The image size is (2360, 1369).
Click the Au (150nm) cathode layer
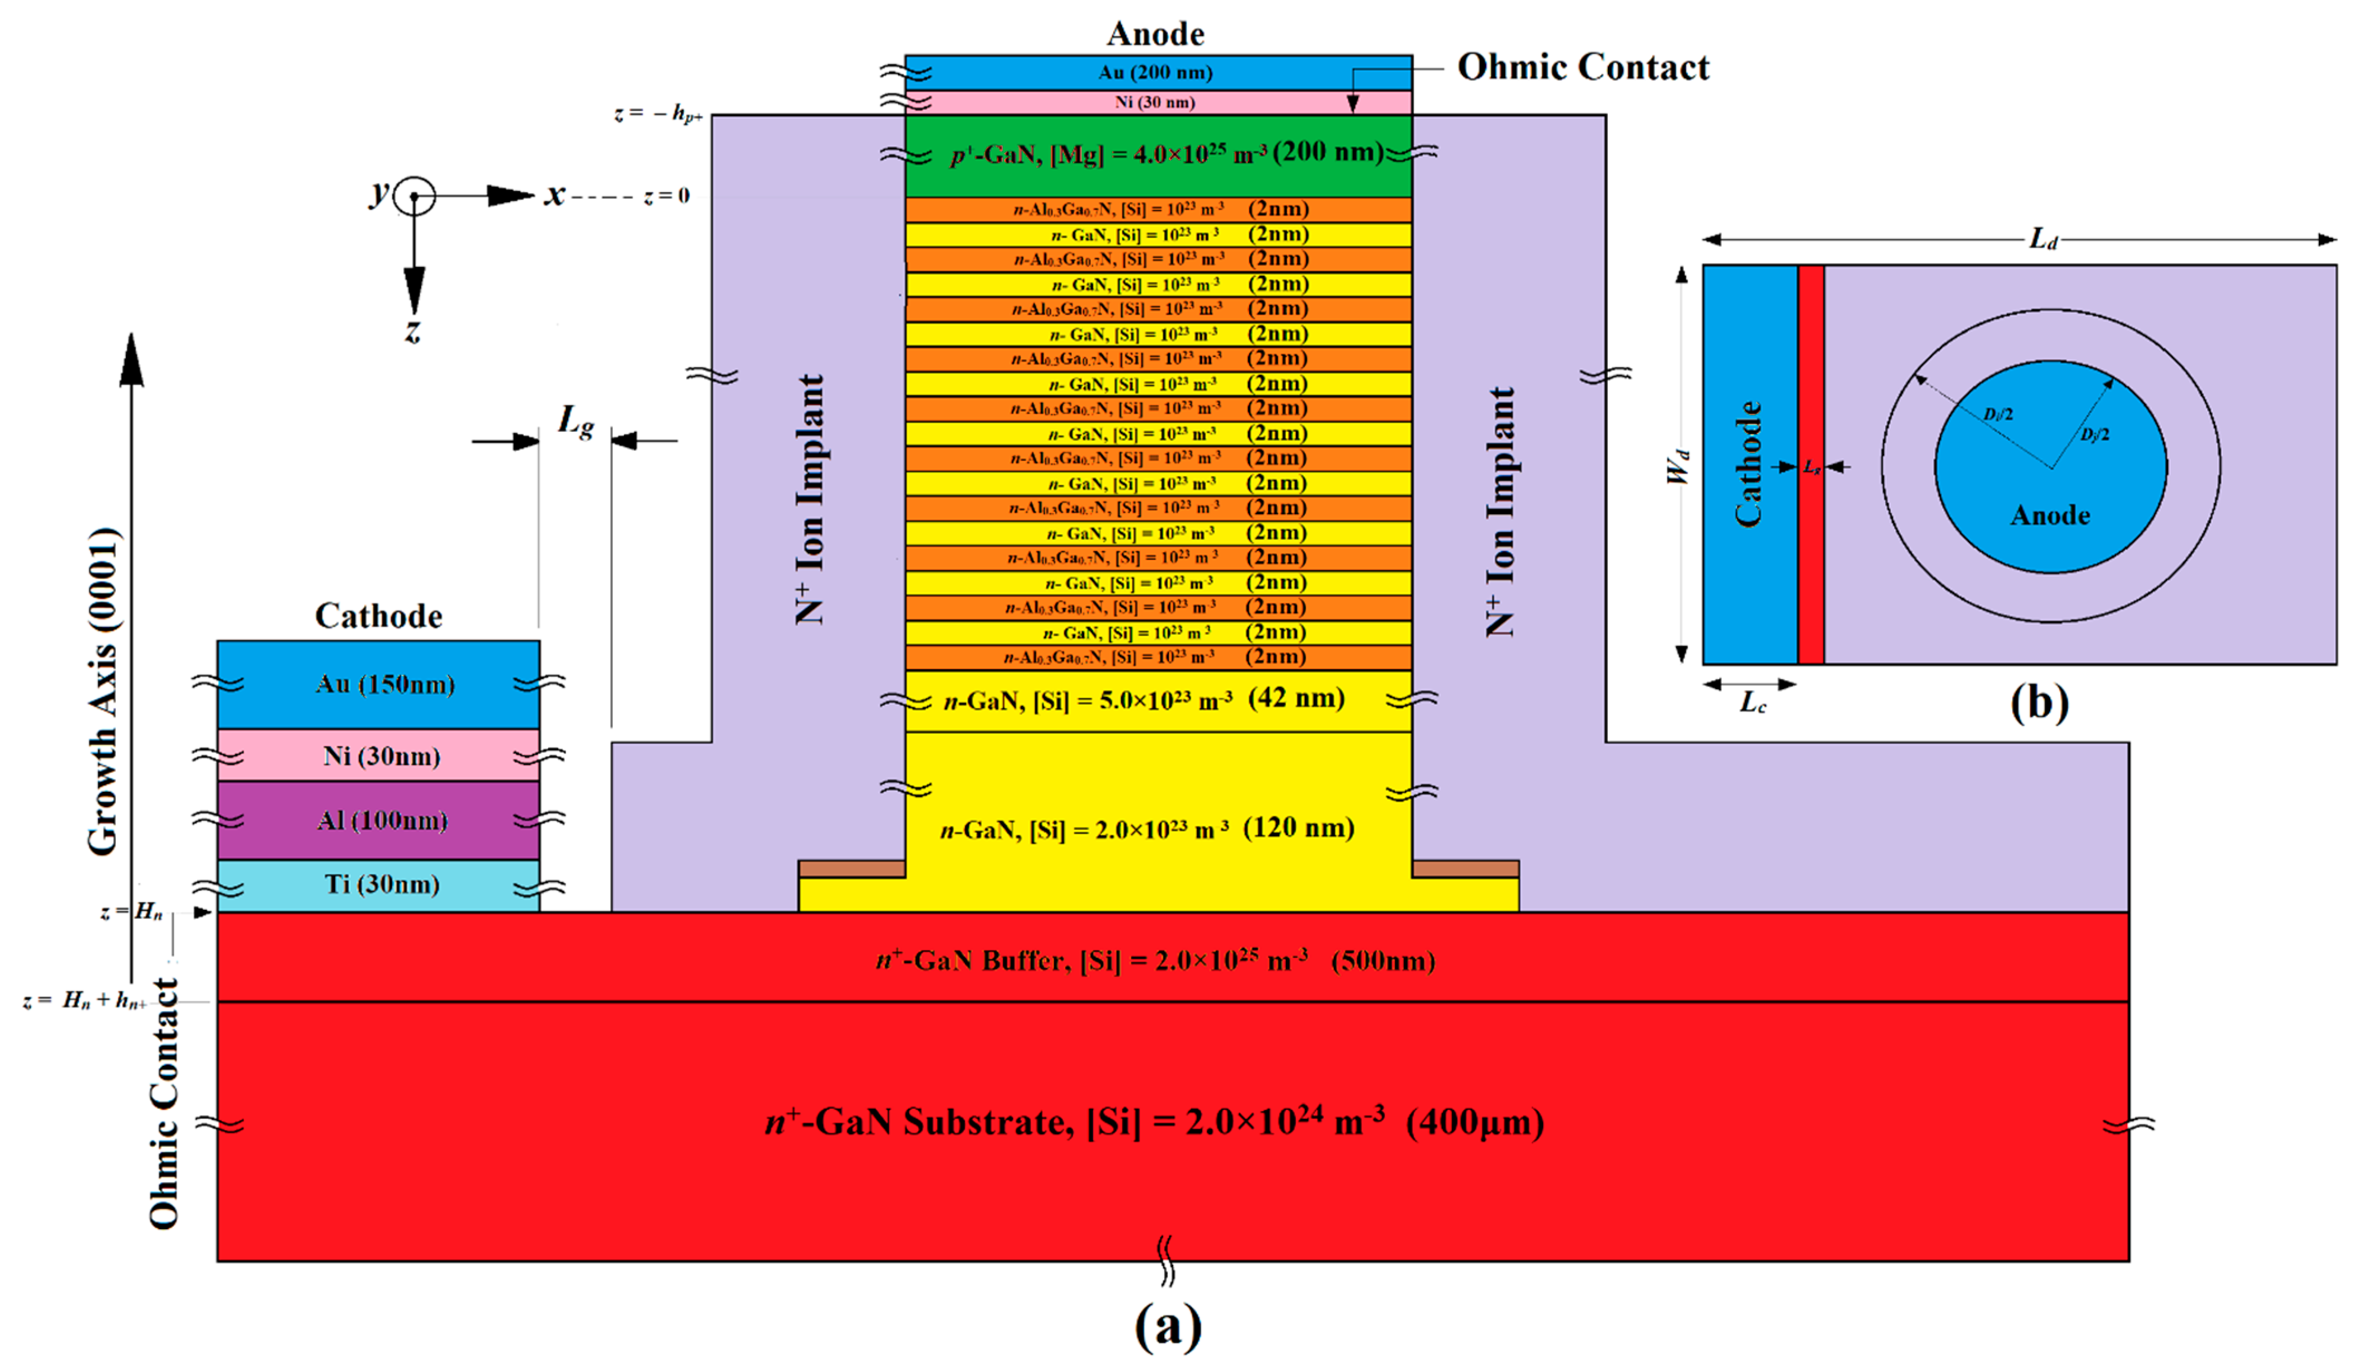click(379, 684)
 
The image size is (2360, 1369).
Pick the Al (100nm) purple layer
click(379, 820)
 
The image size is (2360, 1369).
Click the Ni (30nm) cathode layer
click(379, 756)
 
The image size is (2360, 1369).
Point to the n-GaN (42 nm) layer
click(1144, 699)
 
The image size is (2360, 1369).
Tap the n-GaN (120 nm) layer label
click(1147, 829)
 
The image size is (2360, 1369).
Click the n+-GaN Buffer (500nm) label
click(1155, 961)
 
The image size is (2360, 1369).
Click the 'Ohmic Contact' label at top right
click(1583, 67)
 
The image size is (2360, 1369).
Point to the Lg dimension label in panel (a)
click(575, 421)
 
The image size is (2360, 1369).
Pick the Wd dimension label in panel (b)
click(1678, 465)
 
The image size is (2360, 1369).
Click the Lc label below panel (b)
click(1752, 702)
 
